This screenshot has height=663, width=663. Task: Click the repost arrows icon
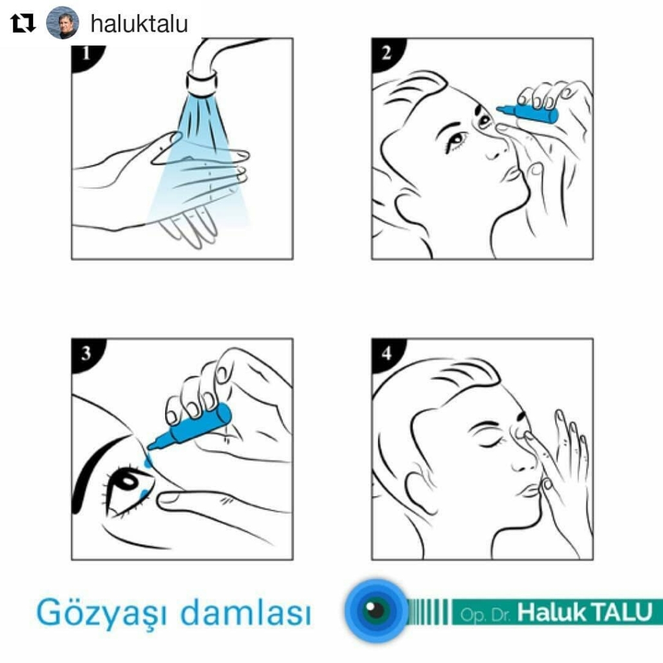[x=23, y=23]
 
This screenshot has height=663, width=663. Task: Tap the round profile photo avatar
[x=62, y=23]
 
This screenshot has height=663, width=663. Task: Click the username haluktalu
[x=139, y=23]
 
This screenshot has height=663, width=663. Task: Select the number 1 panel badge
[x=87, y=54]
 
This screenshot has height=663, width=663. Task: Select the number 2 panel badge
[x=387, y=54]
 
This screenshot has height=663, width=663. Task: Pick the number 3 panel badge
[x=87, y=354]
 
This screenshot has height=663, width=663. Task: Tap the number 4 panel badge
[x=387, y=354]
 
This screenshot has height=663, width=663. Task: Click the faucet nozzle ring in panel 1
[x=202, y=84]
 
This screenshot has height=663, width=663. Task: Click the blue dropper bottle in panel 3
[x=190, y=427]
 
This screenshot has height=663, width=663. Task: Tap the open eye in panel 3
[x=129, y=491]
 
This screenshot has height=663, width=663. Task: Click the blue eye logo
[x=376, y=611]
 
